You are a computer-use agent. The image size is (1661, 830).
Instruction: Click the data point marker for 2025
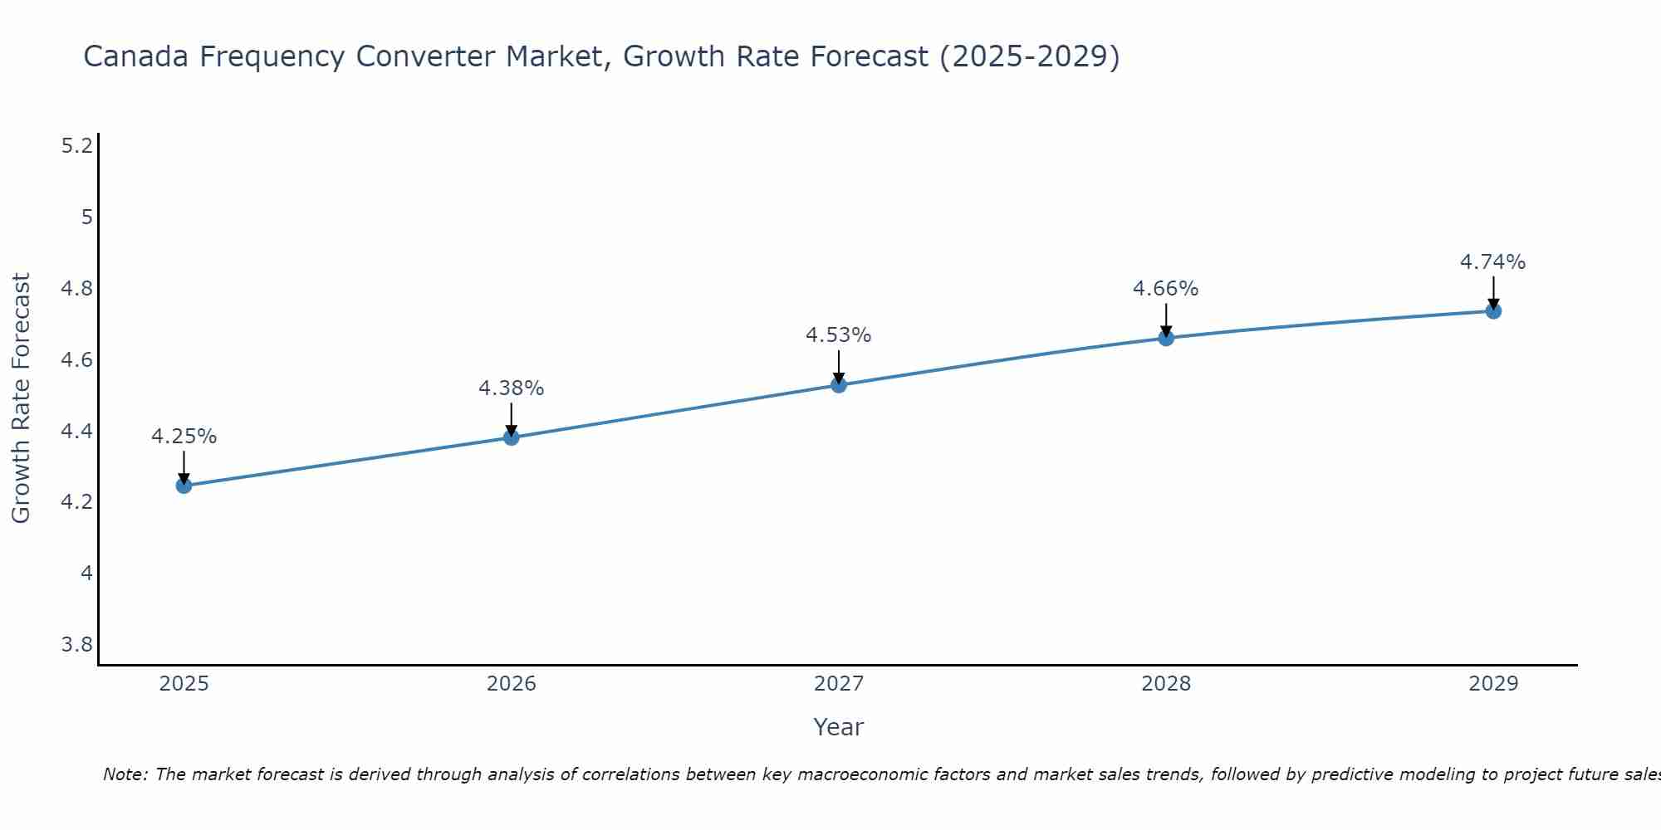click(184, 486)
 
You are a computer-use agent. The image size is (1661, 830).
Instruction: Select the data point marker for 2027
click(839, 385)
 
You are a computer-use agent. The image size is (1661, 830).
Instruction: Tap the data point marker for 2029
click(1493, 311)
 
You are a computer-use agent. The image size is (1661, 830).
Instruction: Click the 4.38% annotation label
click(512, 388)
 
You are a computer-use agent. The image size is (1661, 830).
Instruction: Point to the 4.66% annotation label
click(1166, 289)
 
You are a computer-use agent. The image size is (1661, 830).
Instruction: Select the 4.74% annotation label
click(1493, 262)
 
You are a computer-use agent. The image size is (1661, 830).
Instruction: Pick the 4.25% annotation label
click(184, 437)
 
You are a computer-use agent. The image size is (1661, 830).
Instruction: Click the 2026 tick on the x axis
click(512, 684)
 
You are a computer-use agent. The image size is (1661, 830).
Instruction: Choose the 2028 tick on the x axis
click(1166, 684)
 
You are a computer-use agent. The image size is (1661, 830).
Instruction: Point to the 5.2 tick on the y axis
click(77, 146)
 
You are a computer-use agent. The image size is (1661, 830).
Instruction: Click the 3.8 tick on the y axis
click(77, 645)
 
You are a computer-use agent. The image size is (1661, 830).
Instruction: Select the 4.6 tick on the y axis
click(77, 360)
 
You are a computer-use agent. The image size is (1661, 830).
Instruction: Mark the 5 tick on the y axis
click(86, 217)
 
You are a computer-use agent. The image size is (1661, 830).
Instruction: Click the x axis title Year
click(839, 727)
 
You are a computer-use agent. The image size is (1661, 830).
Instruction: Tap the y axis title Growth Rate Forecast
click(22, 398)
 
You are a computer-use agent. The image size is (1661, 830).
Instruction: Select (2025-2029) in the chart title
click(1030, 56)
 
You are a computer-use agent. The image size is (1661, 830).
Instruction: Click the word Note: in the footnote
click(125, 774)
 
